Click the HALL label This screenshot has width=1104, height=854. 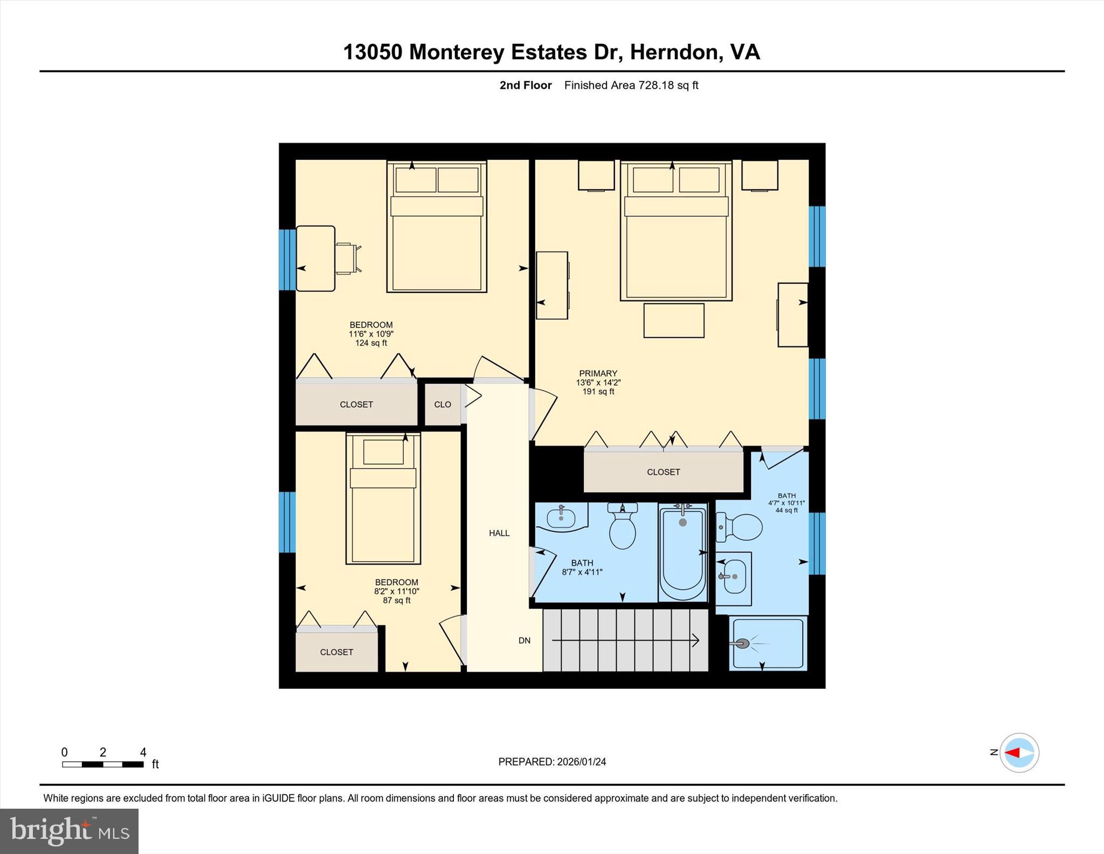(x=499, y=533)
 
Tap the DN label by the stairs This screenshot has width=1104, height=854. (x=525, y=640)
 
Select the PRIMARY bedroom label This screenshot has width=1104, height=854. (x=598, y=373)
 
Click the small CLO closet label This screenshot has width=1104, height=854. (x=443, y=405)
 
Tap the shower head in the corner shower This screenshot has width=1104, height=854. (x=742, y=644)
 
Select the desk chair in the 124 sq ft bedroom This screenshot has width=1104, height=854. (x=348, y=258)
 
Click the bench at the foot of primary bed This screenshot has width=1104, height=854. (x=674, y=320)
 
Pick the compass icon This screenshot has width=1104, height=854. (x=1019, y=753)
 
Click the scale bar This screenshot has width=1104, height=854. (x=102, y=764)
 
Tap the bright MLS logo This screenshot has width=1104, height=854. (x=69, y=831)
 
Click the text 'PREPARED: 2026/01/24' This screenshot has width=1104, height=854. (x=552, y=762)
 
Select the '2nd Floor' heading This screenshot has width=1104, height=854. (x=526, y=85)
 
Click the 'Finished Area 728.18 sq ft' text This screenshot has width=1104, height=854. (x=631, y=85)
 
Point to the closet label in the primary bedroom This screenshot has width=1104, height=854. (x=663, y=472)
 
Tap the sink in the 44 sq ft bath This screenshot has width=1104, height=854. (x=734, y=576)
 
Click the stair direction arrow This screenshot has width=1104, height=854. (x=625, y=640)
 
